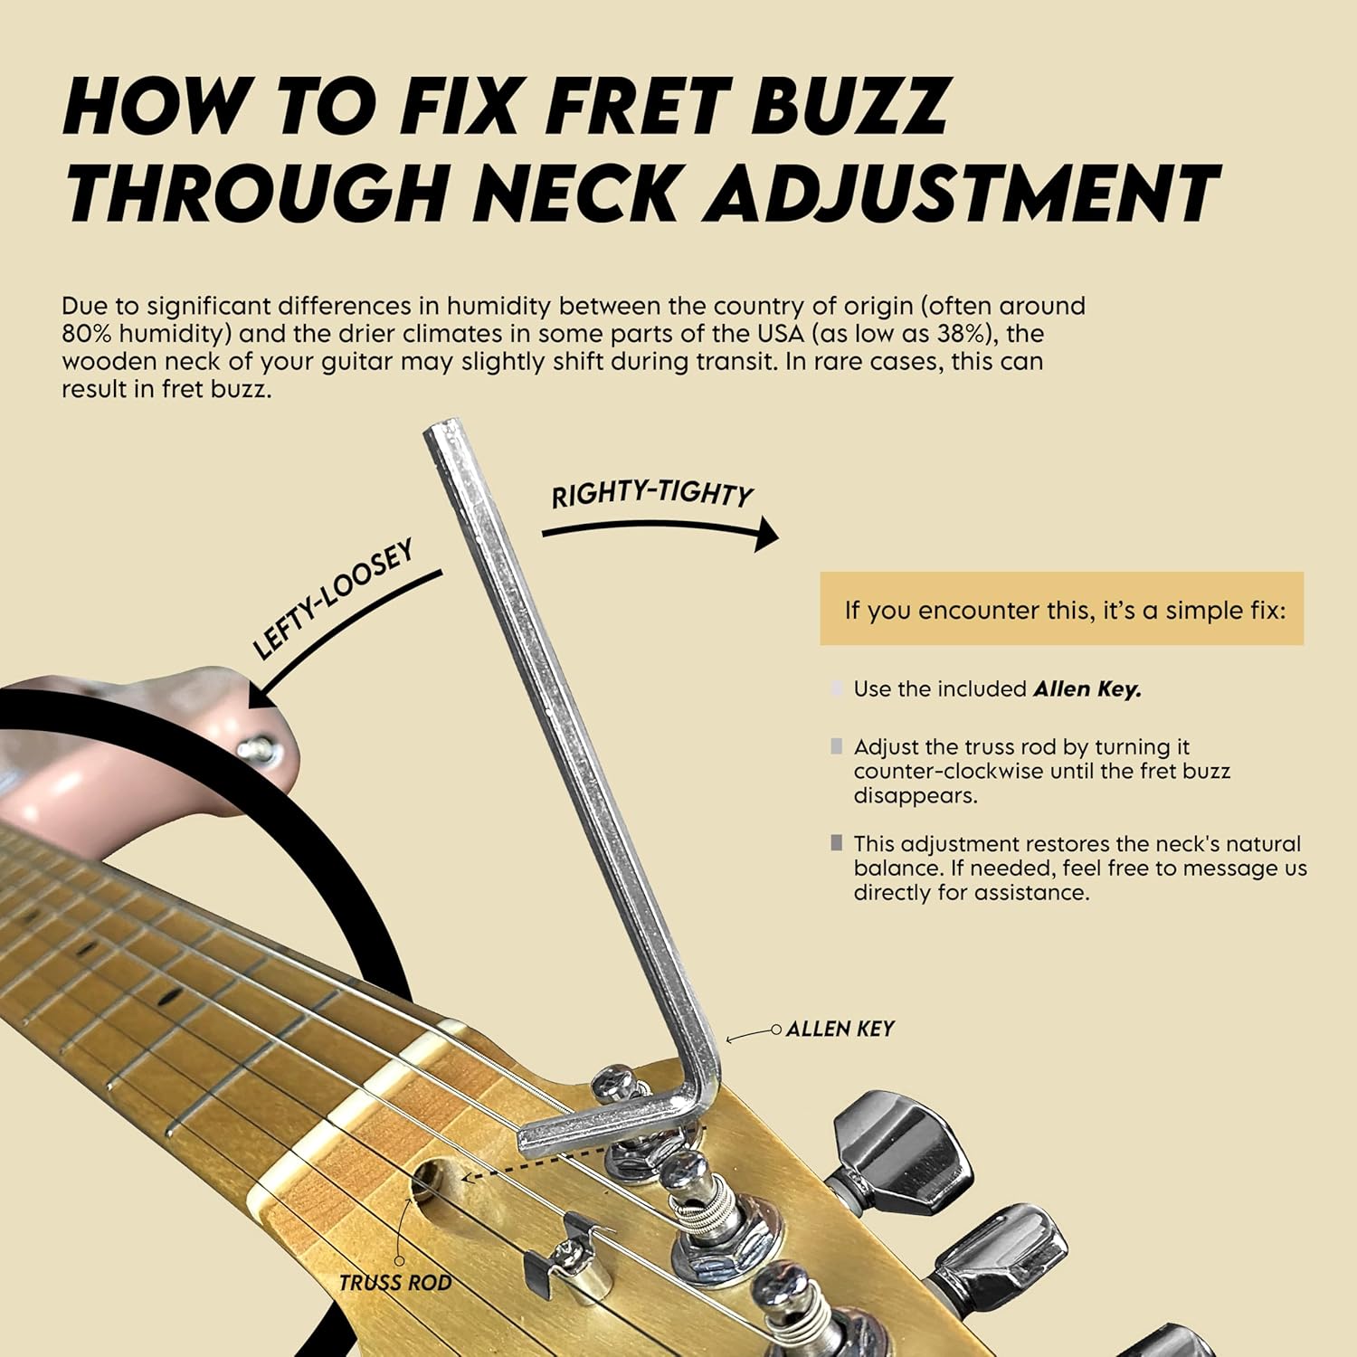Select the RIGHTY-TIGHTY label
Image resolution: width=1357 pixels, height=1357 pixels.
click(x=652, y=494)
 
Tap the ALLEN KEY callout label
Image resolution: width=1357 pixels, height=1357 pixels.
click(x=840, y=1029)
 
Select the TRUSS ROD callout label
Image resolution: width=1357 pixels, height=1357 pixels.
click(x=395, y=1283)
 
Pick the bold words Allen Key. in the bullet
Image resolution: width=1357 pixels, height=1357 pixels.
click(x=1087, y=689)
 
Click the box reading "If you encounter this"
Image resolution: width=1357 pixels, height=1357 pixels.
click(x=1062, y=609)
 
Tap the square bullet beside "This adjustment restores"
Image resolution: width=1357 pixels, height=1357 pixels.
click(x=837, y=843)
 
